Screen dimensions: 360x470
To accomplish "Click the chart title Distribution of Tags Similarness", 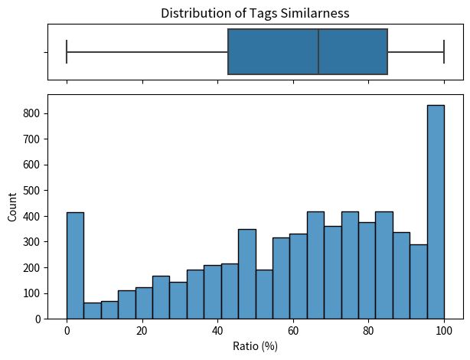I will (x=254, y=12).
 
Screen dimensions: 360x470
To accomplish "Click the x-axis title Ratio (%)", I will (x=255, y=346).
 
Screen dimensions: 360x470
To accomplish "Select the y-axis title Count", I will (x=11, y=207).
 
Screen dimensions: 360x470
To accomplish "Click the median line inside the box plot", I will (x=318, y=52).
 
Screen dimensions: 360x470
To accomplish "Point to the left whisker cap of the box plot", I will (x=67, y=52).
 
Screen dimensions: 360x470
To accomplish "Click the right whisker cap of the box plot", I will (x=444, y=52).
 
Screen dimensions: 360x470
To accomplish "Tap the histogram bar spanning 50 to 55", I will (x=264, y=295).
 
